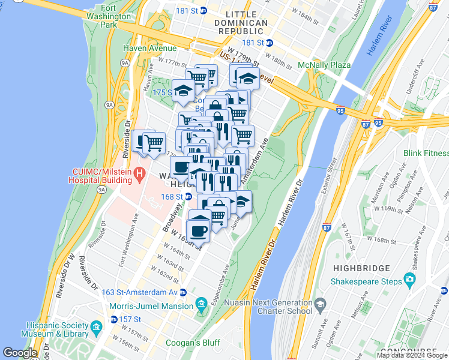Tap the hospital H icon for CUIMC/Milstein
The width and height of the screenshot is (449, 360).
pyautogui.click(x=140, y=175)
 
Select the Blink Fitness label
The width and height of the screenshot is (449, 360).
pyautogui.click(x=426, y=154)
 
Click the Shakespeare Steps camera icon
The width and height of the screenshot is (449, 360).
pyautogui.click(x=410, y=278)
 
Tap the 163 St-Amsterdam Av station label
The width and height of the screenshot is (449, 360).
pyautogui.click(x=139, y=292)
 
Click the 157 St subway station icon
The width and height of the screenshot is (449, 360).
pyautogui.click(x=114, y=319)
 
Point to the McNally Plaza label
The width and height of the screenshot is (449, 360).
pyautogui.click(x=324, y=65)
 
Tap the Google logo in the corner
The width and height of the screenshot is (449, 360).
pyautogui.click(x=20, y=353)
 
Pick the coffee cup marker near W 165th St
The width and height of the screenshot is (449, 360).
pyautogui.click(x=198, y=230)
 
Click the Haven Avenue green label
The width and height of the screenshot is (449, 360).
pyautogui.click(x=150, y=48)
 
